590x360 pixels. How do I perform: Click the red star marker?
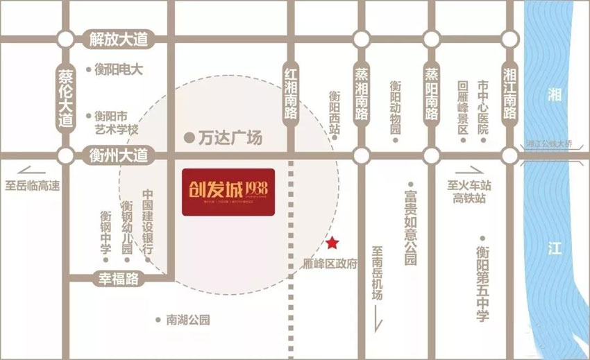(333, 243)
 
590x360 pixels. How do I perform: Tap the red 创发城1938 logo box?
(228, 192)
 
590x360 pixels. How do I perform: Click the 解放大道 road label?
(119, 40)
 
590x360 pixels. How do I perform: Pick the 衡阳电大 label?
(119, 69)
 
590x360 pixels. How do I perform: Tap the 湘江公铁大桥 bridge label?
(553, 144)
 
